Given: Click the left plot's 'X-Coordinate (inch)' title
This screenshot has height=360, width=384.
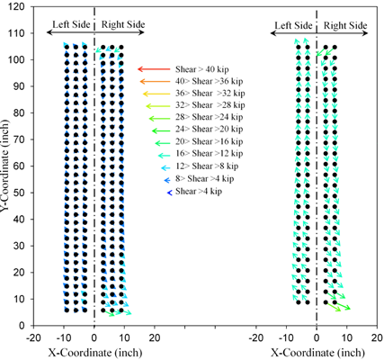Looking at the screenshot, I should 93,352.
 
